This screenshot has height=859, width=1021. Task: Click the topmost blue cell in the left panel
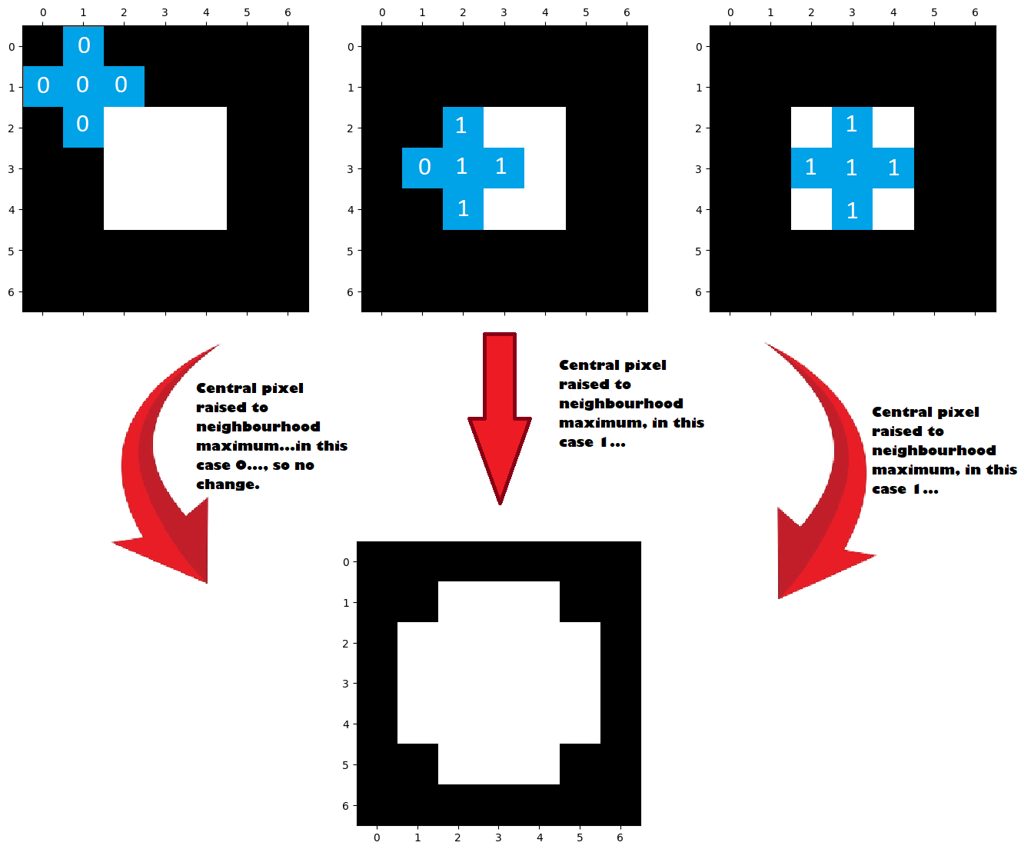(83, 46)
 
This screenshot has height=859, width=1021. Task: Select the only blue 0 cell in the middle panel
(422, 168)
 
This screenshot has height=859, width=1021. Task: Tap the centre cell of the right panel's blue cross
(852, 168)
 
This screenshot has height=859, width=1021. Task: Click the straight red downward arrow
(499, 418)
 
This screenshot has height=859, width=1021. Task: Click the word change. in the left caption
(228, 484)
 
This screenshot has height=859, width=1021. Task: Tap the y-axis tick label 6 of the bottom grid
(346, 805)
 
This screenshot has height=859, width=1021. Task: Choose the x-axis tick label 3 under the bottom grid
(498, 837)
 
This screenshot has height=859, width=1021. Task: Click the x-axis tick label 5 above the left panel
(247, 13)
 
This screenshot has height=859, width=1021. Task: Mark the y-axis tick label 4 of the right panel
(699, 210)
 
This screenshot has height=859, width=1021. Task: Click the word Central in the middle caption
(589, 365)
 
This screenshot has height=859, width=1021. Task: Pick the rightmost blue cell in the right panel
(893, 168)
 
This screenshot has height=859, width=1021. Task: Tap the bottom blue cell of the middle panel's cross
(463, 209)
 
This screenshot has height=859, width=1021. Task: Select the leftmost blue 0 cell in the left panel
(43, 86)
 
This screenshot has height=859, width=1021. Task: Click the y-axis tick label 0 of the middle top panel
(351, 47)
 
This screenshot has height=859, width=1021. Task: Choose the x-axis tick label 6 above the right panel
(975, 13)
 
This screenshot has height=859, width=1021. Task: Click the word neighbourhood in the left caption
(258, 427)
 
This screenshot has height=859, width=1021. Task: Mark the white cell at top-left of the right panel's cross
(811, 127)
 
